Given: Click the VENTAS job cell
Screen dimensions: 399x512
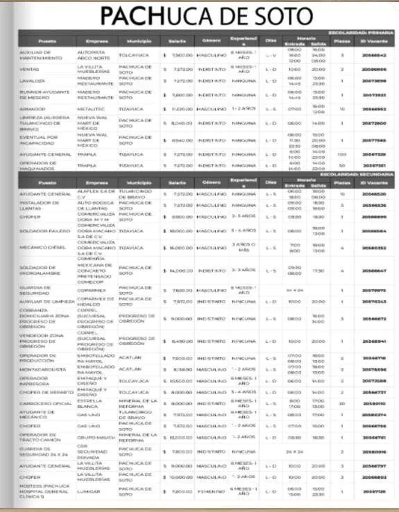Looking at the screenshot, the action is coord(30,69).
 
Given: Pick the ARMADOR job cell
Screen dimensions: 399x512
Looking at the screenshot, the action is coord(33,109).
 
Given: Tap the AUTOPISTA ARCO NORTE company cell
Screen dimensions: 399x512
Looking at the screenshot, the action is coord(92,54).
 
